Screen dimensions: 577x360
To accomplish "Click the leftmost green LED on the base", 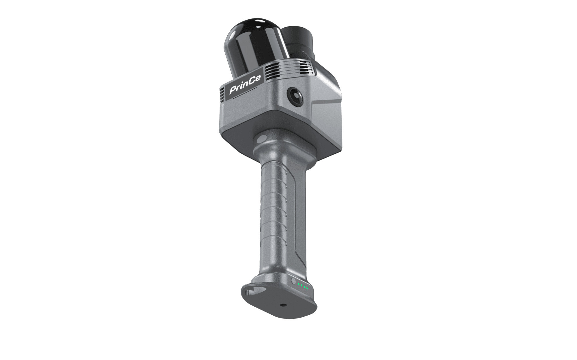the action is [299, 285].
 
